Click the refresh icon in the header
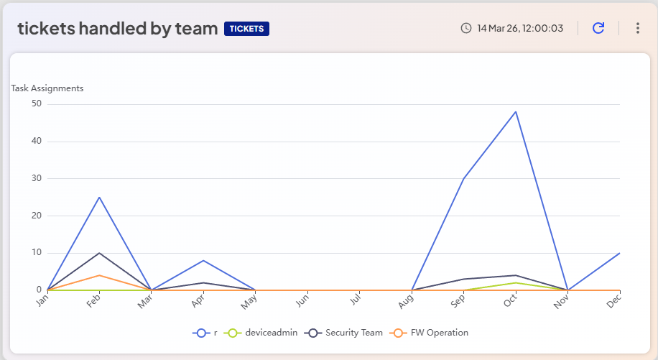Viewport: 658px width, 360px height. (x=598, y=28)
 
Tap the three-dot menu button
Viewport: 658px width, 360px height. (x=637, y=28)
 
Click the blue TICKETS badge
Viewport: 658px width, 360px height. (x=246, y=29)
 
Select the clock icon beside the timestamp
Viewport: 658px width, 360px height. (x=466, y=28)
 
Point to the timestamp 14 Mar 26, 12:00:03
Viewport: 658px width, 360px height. (x=520, y=28)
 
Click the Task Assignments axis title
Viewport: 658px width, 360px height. (x=47, y=88)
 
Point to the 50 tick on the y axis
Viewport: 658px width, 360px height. (x=37, y=103)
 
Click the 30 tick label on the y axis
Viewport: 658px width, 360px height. (x=37, y=178)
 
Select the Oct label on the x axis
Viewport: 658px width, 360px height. (x=510, y=303)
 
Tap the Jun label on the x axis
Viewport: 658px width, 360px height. (x=302, y=303)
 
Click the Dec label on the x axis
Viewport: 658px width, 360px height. (x=614, y=303)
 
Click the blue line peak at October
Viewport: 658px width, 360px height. (x=516, y=111)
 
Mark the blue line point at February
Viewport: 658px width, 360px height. (x=99, y=197)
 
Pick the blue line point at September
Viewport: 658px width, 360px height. (x=464, y=178)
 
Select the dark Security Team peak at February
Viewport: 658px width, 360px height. (x=99, y=253)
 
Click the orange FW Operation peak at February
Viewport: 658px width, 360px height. (x=99, y=275)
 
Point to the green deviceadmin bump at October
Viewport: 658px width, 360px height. (x=516, y=282)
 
